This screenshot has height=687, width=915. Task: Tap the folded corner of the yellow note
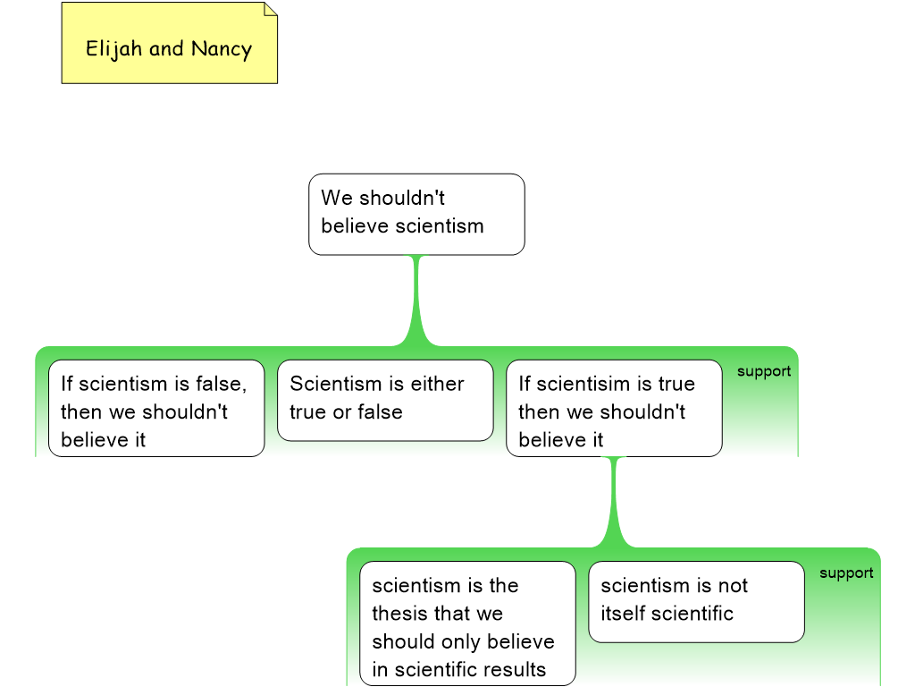point(270,10)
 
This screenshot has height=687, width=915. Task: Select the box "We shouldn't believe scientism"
point(416,214)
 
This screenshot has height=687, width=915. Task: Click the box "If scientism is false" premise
point(156,408)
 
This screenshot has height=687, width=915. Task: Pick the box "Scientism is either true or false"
point(385,400)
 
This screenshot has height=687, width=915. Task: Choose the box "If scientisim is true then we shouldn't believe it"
point(614,408)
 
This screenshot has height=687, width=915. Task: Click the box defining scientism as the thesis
point(467,623)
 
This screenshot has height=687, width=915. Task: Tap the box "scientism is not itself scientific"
point(696,601)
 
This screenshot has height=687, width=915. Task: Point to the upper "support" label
point(764,372)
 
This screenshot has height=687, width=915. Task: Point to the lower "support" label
point(846,573)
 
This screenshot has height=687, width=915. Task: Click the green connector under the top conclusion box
point(416,300)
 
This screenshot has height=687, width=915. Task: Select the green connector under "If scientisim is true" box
point(614,501)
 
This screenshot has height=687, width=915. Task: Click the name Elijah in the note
point(114,49)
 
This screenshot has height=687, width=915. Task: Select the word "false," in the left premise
point(222,384)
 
